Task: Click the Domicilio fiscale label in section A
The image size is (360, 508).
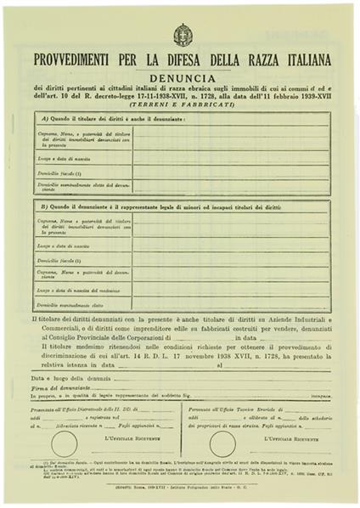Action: pos(59,172)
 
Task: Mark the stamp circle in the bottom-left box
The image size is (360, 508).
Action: pos(64,442)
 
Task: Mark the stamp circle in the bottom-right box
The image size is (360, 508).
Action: pos(222,442)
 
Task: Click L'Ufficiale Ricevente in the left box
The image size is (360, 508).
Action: pos(131,437)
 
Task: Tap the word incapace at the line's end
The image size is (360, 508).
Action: pos(320,396)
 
